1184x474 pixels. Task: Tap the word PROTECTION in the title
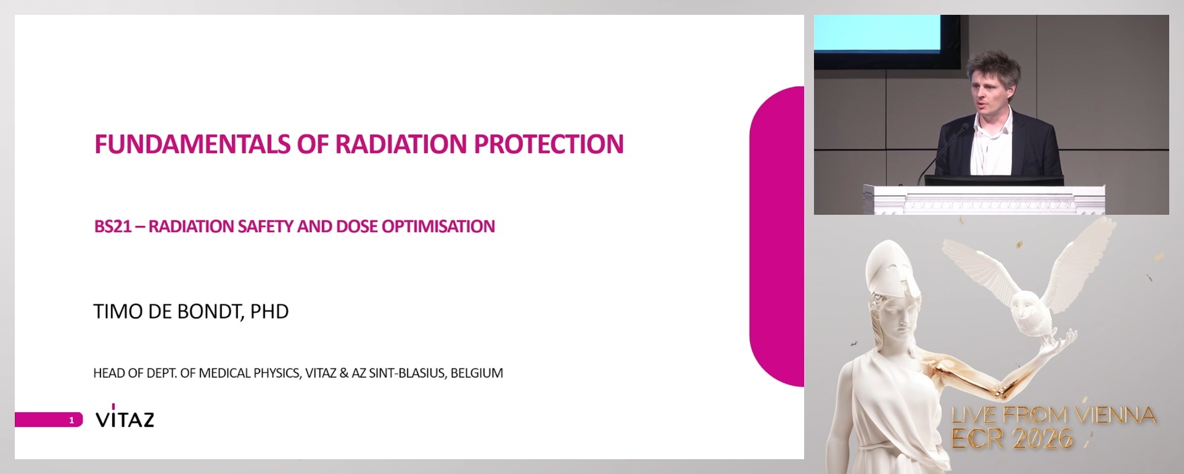pyautogui.click(x=548, y=144)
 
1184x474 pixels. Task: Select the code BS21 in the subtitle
pyautogui.click(x=112, y=227)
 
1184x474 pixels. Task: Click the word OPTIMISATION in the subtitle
pyautogui.click(x=438, y=227)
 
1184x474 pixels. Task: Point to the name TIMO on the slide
pyautogui.click(x=118, y=312)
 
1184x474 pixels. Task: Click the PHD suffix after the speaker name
pyautogui.click(x=269, y=312)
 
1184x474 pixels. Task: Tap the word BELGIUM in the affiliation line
pyautogui.click(x=477, y=373)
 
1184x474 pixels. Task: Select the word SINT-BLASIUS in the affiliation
pyautogui.click(x=406, y=373)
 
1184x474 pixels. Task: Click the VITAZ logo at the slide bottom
pyautogui.click(x=125, y=418)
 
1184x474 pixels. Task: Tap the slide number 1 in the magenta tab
pyautogui.click(x=72, y=420)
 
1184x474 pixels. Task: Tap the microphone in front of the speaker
pyautogui.click(x=964, y=128)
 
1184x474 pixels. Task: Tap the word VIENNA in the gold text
pyautogui.click(x=1116, y=415)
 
